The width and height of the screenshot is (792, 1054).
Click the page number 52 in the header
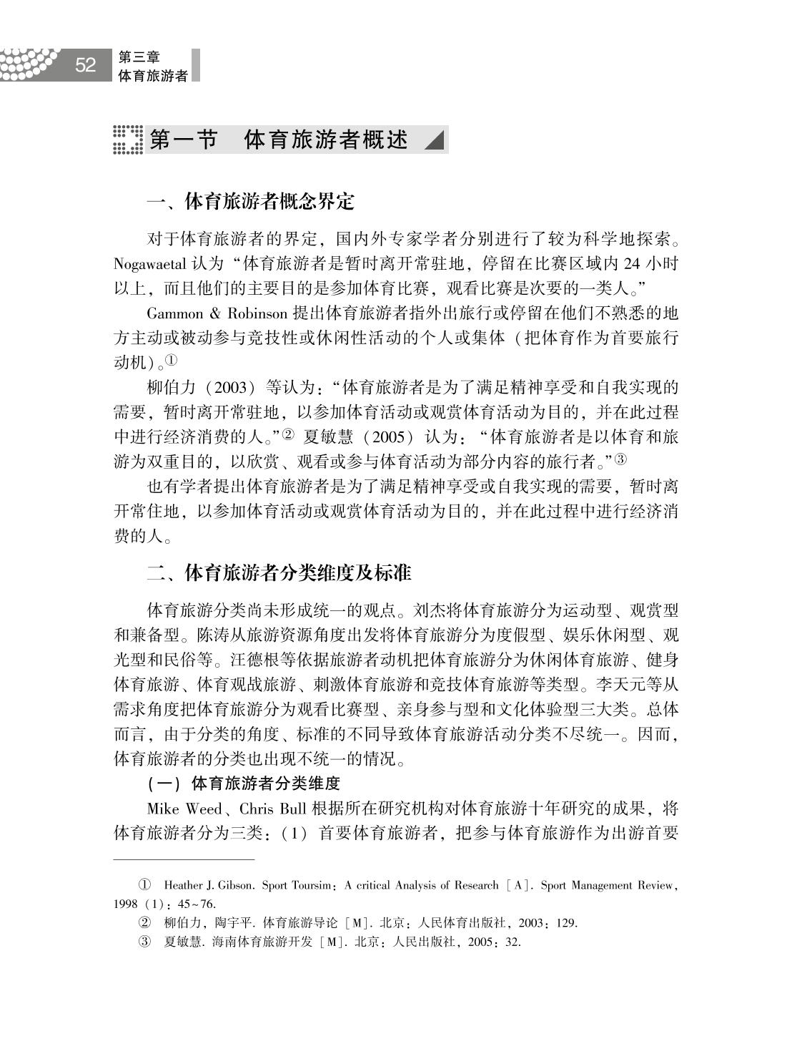click(x=85, y=65)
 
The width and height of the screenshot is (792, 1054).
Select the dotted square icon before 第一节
click(x=128, y=140)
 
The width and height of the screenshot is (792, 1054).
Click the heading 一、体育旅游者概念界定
click(x=250, y=202)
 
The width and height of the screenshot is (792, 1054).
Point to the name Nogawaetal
click(x=150, y=264)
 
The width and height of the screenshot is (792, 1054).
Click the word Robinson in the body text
click(x=258, y=314)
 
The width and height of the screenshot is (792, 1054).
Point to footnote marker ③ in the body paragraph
click(x=620, y=459)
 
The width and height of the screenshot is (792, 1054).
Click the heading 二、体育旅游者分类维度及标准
click(x=279, y=573)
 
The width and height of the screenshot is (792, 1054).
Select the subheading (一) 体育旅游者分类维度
click(x=243, y=784)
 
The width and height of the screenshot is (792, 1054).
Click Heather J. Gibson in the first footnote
click(x=208, y=886)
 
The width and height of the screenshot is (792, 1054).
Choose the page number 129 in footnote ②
click(x=567, y=923)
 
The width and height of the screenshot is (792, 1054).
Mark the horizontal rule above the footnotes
click(x=184, y=859)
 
